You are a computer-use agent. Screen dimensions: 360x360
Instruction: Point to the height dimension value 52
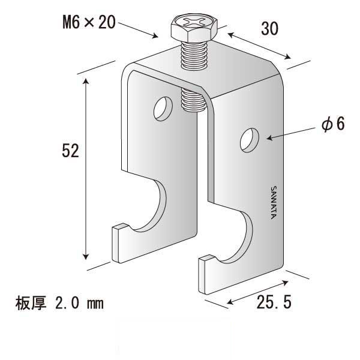pyautogui.click(x=71, y=152)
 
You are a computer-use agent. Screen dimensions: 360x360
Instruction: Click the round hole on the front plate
pyautogui.click(x=248, y=140)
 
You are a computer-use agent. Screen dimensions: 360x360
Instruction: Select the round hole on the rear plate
pyautogui.click(x=161, y=109)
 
